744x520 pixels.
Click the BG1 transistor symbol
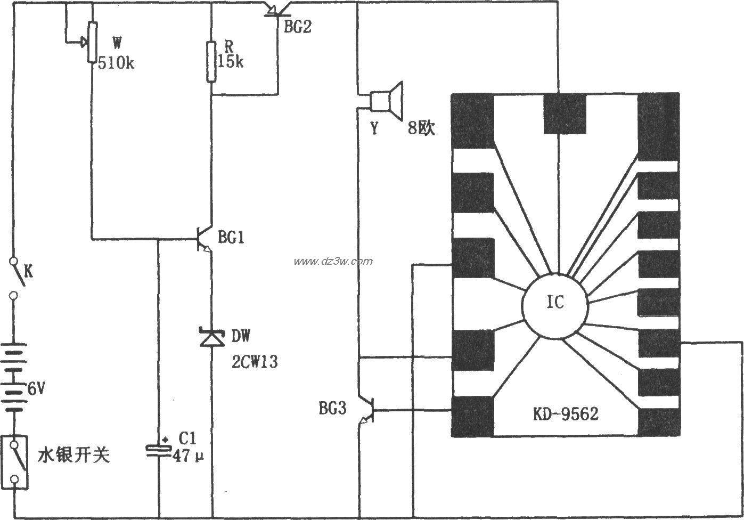coord(205,239)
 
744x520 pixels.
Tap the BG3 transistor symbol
coord(367,411)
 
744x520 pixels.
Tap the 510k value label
coord(116,63)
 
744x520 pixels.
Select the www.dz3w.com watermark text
coord(333,261)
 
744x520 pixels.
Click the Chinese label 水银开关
coord(73,455)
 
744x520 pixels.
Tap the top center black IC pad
coord(565,114)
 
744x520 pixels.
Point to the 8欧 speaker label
coord(421,128)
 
